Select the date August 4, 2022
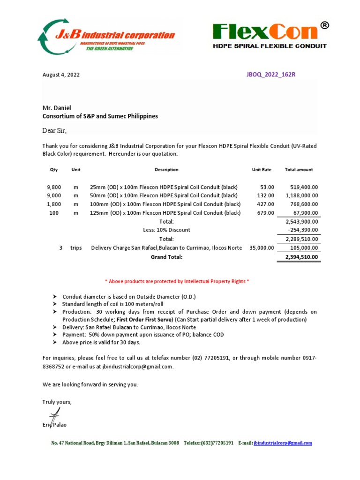(61, 75)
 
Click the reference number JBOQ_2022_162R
(271, 75)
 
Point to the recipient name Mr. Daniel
(57, 108)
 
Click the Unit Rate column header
(261, 170)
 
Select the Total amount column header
(299, 170)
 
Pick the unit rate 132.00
(265, 195)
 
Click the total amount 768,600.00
(302, 204)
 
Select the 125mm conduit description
(165, 213)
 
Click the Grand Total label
(166, 257)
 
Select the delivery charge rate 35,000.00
(262, 248)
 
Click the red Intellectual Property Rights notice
(176, 281)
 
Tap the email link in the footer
(282, 443)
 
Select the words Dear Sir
(54, 130)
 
